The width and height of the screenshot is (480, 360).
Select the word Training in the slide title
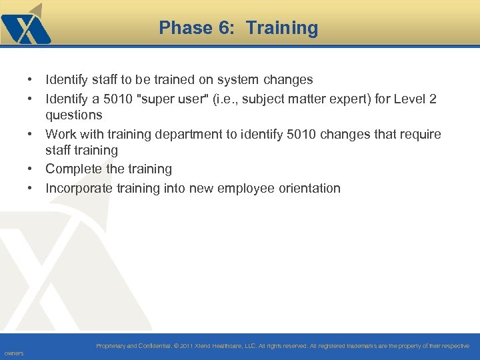[282, 28]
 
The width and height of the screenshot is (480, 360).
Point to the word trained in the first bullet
[173, 80]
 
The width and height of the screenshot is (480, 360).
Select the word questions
[73, 115]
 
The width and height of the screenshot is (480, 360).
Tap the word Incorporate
[78, 188]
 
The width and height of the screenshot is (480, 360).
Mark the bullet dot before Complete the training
[31, 169]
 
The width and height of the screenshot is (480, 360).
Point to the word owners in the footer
[13, 353]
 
